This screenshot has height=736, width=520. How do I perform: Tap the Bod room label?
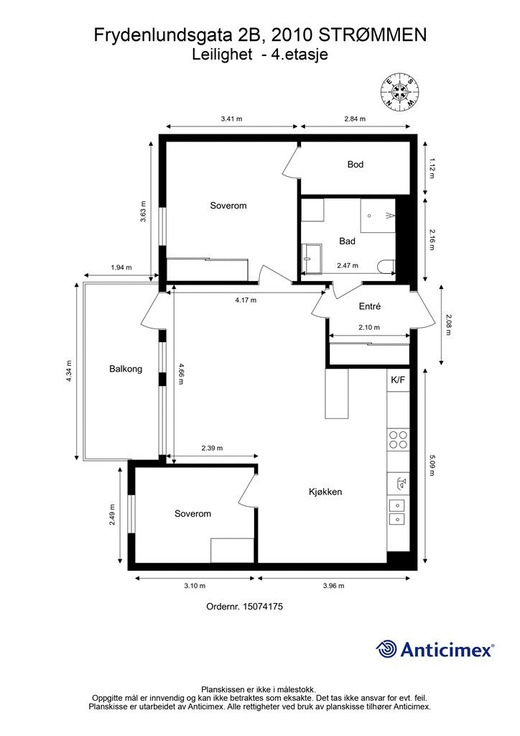(356, 165)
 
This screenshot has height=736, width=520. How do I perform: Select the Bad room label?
(347, 241)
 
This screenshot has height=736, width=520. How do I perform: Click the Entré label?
(369, 306)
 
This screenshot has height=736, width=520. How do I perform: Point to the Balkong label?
(126, 369)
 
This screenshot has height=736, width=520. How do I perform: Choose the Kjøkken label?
(325, 492)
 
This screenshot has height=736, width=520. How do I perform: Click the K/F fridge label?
(398, 380)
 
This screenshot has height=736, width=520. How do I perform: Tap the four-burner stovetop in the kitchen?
(398, 439)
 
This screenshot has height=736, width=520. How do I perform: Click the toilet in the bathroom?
(386, 267)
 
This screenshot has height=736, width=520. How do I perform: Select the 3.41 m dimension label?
(232, 119)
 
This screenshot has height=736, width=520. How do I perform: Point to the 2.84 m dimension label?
(355, 119)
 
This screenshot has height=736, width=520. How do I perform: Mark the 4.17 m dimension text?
(246, 300)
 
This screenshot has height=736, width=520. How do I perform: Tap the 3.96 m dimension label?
(334, 586)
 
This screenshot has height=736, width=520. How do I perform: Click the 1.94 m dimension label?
(121, 267)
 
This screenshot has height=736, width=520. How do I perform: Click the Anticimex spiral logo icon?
(386, 649)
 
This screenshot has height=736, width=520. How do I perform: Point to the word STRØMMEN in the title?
(373, 35)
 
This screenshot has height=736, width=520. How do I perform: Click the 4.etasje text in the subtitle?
(300, 55)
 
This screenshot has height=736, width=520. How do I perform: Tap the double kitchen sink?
(398, 512)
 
